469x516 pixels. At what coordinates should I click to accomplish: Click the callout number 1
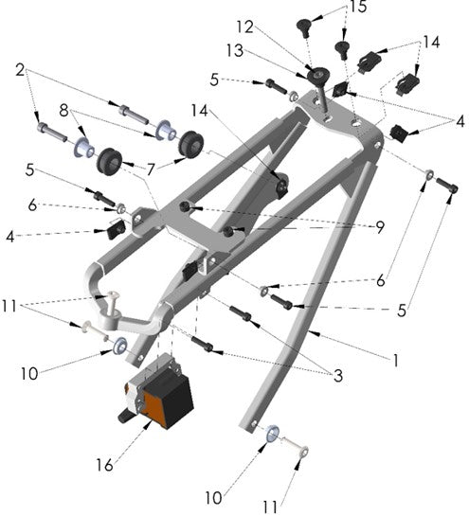tap(395, 361)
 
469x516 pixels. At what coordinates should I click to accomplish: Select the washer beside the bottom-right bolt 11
tap(270, 435)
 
